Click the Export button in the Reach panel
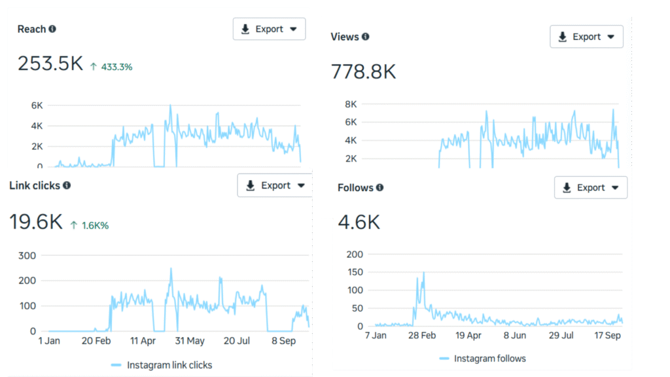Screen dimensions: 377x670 [x=269, y=29]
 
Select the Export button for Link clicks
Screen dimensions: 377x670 [x=274, y=185]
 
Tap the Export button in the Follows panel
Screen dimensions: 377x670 [x=590, y=187]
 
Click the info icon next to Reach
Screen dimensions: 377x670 [x=52, y=29]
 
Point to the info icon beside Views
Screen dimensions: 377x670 [x=366, y=37]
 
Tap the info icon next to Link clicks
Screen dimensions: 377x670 [x=67, y=185]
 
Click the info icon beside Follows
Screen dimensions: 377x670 [x=380, y=188]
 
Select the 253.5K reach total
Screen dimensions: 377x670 [x=50, y=64]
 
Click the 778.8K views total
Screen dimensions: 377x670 [x=364, y=71]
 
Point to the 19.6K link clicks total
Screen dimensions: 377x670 [x=36, y=223]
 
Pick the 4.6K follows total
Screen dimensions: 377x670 [x=359, y=223]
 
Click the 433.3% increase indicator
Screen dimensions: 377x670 [x=111, y=66]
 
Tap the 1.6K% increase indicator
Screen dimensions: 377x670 [x=90, y=225]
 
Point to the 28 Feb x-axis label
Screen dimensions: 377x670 [x=422, y=335]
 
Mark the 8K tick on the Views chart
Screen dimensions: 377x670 [x=351, y=104]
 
